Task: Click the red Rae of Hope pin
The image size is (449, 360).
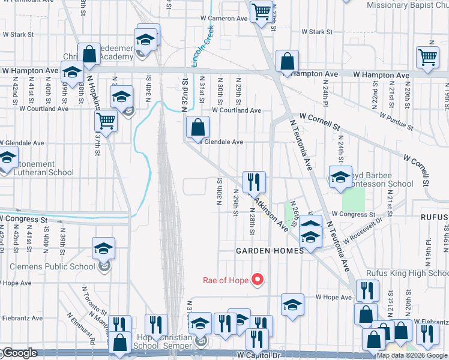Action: click(x=258, y=279)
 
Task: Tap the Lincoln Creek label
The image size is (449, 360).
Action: click(x=204, y=44)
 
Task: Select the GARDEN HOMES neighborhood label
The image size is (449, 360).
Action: click(x=270, y=251)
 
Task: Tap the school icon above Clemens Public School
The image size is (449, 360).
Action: click(x=103, y=248)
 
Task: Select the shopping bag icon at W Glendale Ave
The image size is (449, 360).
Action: click(x=197, y=127)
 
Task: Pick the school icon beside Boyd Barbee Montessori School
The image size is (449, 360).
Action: click(x=340, y=177)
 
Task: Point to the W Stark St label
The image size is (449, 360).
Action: click(x=317, y=31)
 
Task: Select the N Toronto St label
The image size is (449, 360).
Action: click(x=94, y=300)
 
